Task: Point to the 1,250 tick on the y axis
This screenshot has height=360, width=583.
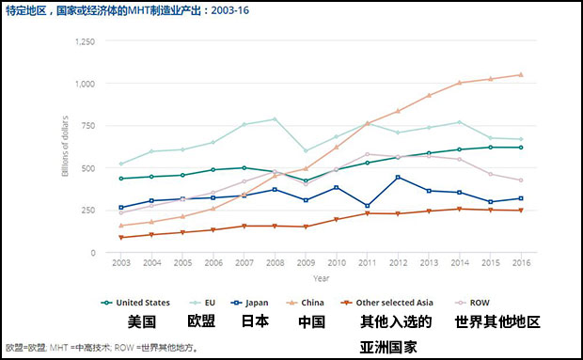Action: coord(84,42)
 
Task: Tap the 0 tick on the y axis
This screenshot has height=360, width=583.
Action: coord(91,253)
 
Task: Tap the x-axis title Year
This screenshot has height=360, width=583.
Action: coord(322,278)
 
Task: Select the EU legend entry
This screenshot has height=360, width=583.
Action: coord(207,303)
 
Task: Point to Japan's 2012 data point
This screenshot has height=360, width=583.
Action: coord(399,178)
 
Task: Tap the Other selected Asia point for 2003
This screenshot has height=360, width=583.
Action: coord(120,238)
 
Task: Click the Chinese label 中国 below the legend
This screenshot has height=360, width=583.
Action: coord(311,322)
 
